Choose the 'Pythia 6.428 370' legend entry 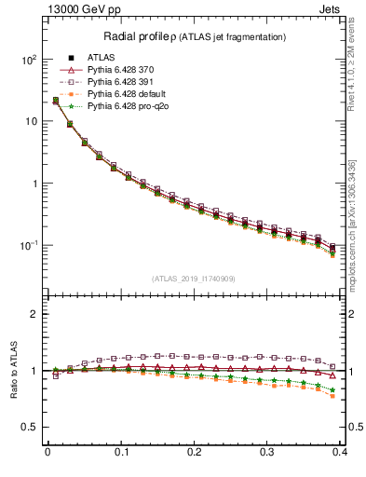[x=129, y=69]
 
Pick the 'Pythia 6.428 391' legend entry [x=129, y=82]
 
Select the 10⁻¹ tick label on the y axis [x=27, y=246]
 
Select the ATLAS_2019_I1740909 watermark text [x=194, y=279]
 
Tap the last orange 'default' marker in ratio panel [x=332, y=396]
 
